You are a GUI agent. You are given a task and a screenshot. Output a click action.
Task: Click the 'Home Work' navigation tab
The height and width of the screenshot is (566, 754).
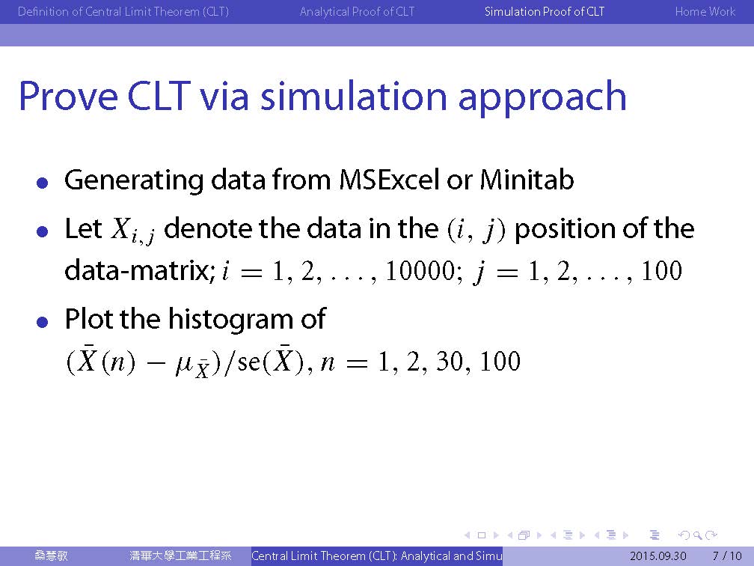[x=705, y=11]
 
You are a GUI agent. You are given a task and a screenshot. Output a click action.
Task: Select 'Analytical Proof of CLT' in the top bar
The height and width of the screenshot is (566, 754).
[x=357, y=11]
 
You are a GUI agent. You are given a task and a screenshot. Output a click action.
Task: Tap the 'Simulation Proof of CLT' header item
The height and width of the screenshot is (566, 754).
[x=545, y=11]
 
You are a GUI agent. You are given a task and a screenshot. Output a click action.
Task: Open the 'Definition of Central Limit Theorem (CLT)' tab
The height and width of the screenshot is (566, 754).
[x=123, y=11]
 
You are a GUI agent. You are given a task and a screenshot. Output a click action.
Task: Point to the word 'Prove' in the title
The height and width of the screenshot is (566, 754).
[x=68, y=97]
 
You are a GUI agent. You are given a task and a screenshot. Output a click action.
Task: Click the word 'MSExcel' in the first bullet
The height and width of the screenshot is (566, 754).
[x=389, y=180]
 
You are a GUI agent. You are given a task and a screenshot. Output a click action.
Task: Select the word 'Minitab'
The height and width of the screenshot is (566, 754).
[x=527, y=180]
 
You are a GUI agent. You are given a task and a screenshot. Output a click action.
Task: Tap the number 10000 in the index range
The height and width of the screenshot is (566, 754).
[x=420, y=270]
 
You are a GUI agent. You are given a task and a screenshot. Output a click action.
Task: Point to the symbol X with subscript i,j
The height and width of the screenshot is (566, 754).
[x=132, y=230]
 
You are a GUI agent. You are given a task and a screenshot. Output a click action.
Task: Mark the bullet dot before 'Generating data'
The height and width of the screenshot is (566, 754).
[x=43, y=183]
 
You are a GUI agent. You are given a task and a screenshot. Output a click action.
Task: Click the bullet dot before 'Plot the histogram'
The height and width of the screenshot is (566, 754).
[x=43, y=322]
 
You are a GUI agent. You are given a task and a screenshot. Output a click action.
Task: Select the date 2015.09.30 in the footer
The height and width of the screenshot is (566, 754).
[x=658, y=556]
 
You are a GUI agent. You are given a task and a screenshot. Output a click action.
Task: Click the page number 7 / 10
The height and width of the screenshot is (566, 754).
[x=727, y=556]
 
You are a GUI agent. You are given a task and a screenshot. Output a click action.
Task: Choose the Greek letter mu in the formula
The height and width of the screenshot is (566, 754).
[x=184, y=365]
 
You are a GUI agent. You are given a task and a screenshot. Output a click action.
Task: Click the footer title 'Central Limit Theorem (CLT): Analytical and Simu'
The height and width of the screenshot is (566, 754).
[x=377, y=556]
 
